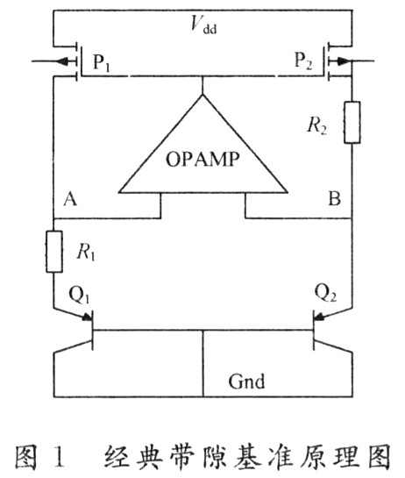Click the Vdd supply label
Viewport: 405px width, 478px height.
pyautogui.click(x=203, y=24)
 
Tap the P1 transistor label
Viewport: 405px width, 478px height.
pyautogui.click(x=101, y=62)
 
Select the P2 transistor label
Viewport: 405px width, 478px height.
pyautogui.click(x=303, y=61)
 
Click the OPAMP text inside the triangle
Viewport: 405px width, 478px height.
pyautogui.click(x=202, y=159)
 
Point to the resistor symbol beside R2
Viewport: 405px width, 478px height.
pyautogui.click(x=352, y=122)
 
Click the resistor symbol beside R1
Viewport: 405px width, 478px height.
pyautogui.click(x=54, y=252)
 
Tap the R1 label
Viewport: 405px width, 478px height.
pyautogui.click(x=86, y=253)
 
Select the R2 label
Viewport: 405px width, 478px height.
pyautogui.click(x=316, y=126)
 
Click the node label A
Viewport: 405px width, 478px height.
pyautogui.click(x=70, y=200)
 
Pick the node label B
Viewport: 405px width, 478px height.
pyautogui.click(x=334, y=199)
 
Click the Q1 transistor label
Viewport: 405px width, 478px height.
pyautogui.click(x=79, y=295)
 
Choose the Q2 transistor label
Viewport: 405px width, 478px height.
pyautogui.click(x=325, y=293)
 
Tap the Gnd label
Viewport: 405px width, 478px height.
pyautogui.click(x=246, y=382)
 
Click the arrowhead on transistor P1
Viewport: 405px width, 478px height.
pyautogui.click(x=63, y=61)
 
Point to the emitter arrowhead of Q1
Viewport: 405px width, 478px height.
pyautogui.click(x=88, y=317)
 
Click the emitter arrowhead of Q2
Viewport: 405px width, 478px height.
pyautogui.click(x=319, y=317)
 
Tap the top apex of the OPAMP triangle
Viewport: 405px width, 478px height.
pyautogui.click(x=202, y=95)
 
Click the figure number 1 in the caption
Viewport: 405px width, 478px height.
pyautogui.click(x=60, y=455)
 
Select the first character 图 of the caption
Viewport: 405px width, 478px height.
pyautogui.click(x=27, y=456)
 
